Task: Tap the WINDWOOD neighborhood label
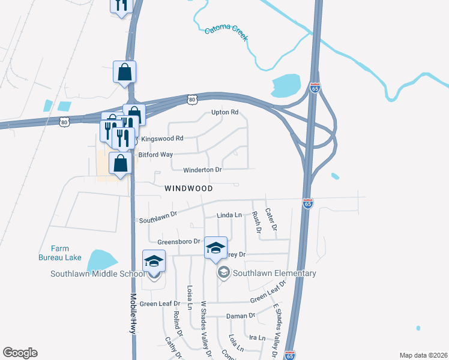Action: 189,188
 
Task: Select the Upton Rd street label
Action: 225,112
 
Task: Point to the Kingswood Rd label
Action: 161,139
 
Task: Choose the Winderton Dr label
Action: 202,170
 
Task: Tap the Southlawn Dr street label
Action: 158,217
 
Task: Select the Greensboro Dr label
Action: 178,241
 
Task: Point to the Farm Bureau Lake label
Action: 59,253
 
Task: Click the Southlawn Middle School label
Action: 97,274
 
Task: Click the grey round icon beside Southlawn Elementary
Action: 224,273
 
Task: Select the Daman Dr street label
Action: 241,315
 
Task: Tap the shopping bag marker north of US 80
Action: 124,73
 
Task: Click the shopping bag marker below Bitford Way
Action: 121,163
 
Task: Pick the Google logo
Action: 20,353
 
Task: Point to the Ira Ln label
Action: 257,338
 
